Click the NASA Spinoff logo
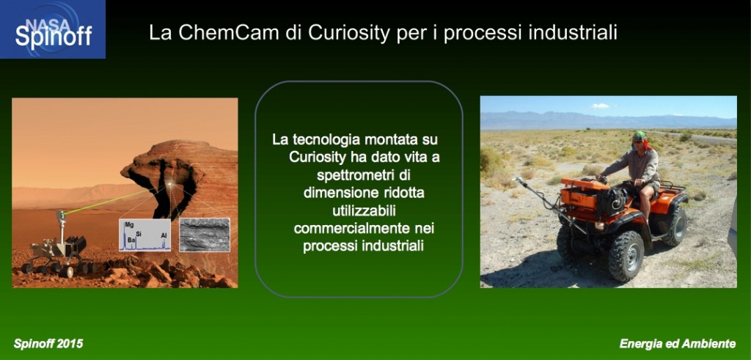click(53, 29)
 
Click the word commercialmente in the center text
click(353, 228)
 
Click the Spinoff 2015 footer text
click(48, 343)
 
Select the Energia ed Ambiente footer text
click(677, 343)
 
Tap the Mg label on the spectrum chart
click(129, 224)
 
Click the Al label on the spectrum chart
click(164, 235)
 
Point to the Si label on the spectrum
click(139, 234)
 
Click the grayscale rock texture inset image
click(205, 235)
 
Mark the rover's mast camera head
click(61, 215)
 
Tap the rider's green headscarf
click(640, 136)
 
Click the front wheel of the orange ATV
click(626, 256)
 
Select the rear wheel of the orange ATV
click(675, 227)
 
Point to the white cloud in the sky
click(601, 106)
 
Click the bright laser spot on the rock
click(171, 184)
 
